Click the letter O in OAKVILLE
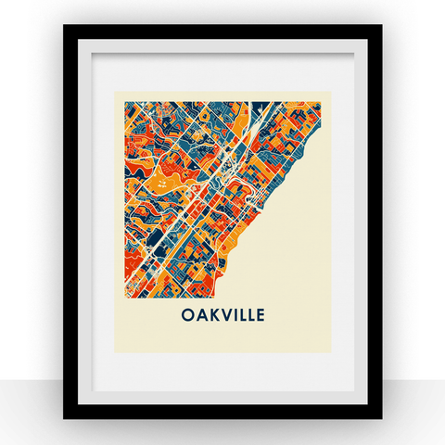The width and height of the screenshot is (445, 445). click(186, 314)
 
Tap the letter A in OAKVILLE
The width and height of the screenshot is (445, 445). click(201, 314)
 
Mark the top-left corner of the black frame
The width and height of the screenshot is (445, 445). click(65, 26)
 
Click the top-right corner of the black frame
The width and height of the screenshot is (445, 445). click(380, 26)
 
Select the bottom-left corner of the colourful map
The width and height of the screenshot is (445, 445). click(118, 299)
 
